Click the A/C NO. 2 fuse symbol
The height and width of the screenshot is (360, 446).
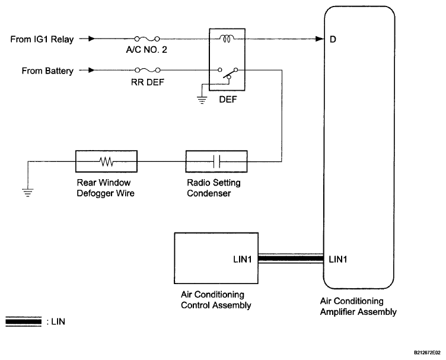[x=146, y=39]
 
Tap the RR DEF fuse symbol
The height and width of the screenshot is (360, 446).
[x=147, y=70]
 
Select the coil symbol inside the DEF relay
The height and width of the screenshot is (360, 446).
[x=227, y=39]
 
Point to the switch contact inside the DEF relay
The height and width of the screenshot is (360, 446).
[x=228, y=75]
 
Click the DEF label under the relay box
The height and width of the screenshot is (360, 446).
[x=228, y=100]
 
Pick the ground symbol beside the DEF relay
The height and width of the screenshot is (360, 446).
[x=202, y=100]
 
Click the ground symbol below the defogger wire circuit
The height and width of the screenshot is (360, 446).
[x=28, y=193]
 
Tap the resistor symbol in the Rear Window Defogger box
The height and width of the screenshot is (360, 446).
[x=106, y=161]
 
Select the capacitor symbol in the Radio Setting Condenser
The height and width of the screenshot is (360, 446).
[x=216, y=161]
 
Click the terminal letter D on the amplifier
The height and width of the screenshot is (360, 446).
[x=333, y=39]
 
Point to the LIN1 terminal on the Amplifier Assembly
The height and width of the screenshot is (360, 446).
[x=338, y=259]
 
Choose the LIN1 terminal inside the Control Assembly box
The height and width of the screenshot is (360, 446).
[x=243, y=259]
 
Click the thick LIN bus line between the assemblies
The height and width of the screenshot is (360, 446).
[x=291, y=259]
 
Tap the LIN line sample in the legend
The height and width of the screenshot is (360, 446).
[x=23, y=321]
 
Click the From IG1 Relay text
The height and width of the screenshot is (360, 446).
[x=42, y=39]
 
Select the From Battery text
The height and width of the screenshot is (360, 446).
[x=47, y=71]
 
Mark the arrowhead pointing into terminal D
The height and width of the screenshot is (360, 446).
[x=320, y=39]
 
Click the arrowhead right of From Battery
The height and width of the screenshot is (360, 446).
[x=91, y=70]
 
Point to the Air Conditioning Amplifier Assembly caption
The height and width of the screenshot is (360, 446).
[x=358, y=306]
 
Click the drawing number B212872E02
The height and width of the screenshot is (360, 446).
[x=427, y=353]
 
